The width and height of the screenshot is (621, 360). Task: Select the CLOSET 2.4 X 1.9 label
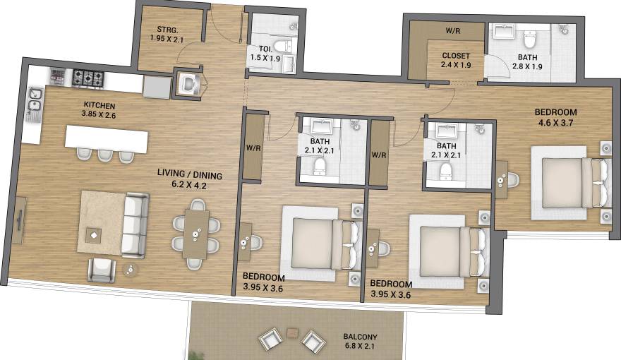tap(456, 60)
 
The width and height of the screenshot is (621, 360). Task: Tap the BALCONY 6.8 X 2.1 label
tap(360, 342)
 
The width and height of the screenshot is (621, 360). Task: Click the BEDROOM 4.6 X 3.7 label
tap(555, 117)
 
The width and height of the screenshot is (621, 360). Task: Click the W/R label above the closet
tap(454, 31)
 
